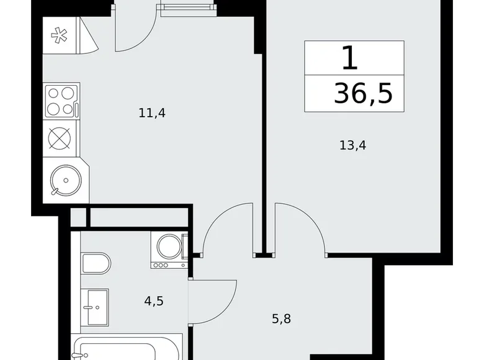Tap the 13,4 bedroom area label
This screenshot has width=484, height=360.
pyautogui.click(x=351, y=146)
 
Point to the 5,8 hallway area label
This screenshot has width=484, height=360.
pyautogui.click(x=281, y=320)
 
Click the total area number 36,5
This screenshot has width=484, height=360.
pyautogui.click(x=363, y=94)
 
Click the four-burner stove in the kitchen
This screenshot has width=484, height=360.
pyautogui.click(x=61, y=101)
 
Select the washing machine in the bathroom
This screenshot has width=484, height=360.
pyautogui.click(x=169, y=249)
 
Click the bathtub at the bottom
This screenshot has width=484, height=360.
pyautogui.click(x=127, y=347)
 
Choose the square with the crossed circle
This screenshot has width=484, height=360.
pyautogui.click(x=60, y=138)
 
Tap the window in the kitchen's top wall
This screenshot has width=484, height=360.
pyautogui.click(x=186, y=10)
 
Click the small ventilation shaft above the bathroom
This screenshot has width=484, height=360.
pyautogui.click(x=78, y=217)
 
